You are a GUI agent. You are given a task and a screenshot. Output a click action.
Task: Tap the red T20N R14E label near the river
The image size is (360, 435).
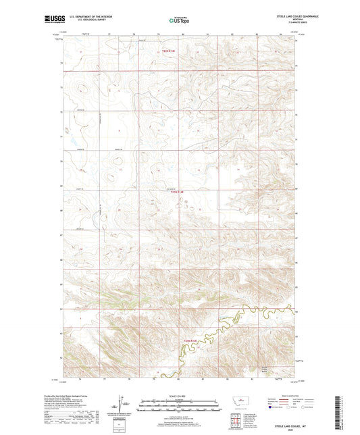[x=191, y=341]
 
